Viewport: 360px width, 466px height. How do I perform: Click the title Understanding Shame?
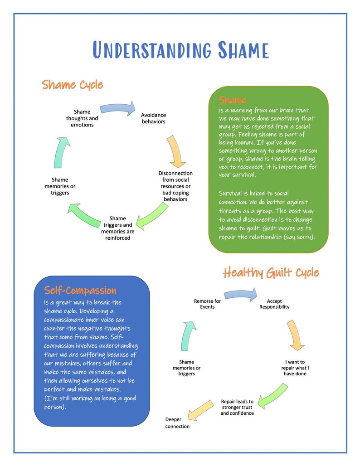pos(180,50)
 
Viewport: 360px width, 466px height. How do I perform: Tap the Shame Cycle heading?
pos(73,85)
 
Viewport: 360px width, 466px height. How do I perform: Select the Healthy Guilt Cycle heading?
pos(271,272)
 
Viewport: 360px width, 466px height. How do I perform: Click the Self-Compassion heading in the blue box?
pos(80,290)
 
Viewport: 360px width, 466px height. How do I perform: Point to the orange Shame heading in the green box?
pos(233,100)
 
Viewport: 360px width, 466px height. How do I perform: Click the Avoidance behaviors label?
pos(153,118)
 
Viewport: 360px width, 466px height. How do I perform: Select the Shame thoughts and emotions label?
pos(82,118)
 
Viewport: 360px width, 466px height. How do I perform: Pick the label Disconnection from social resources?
pos(175,186)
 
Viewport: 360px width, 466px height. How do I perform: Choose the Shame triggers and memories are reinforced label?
pos(117,228)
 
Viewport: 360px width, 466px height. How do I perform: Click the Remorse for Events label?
pos(207,304)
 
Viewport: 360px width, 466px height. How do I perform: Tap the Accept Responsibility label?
pos(274,304)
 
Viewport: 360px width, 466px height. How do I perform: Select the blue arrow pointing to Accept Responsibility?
pos(241,295)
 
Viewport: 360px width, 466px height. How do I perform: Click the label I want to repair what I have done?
pos(295,368)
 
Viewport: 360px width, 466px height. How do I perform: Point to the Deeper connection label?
pos(177,423)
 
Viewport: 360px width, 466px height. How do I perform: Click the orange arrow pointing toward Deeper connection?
pos(201,409)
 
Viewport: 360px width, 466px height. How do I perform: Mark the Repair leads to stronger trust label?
pos(237,407)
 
